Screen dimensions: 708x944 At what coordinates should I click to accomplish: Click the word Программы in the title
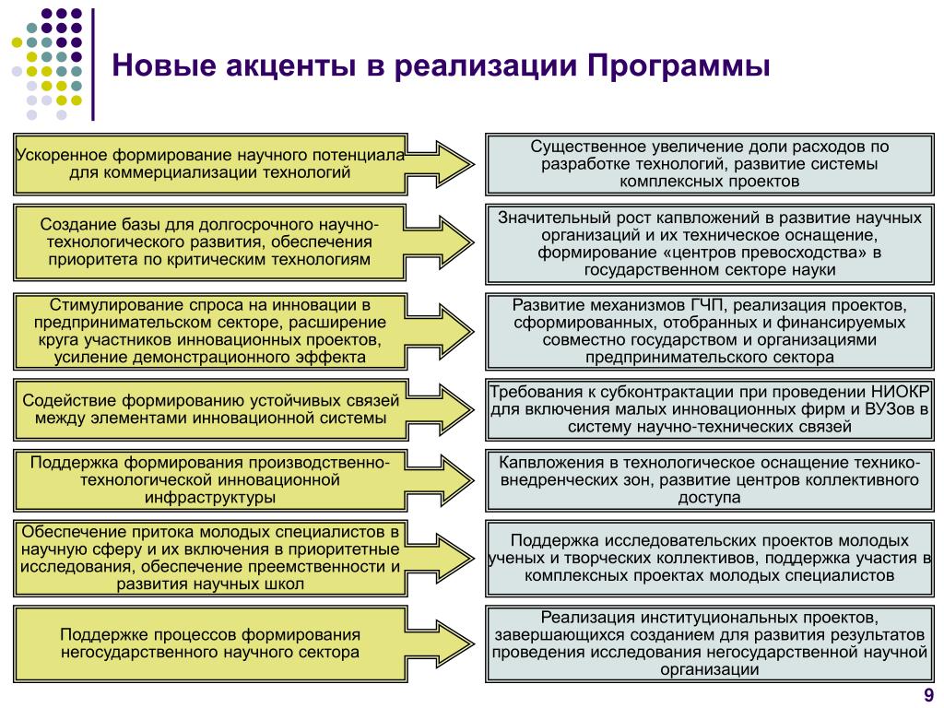(x=678, y=67)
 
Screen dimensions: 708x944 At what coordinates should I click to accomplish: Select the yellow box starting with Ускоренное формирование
(x=210, y=163)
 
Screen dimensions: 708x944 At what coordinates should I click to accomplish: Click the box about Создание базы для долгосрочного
(x=210, y=242)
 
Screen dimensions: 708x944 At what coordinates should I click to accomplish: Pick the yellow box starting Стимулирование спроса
(x=210, y=330)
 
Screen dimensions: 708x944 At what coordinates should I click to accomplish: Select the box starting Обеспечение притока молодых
(x=210, y=557)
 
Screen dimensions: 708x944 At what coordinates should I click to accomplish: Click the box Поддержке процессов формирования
(x=210, y=643)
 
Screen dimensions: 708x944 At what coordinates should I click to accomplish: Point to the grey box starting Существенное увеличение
(x=709, y=163)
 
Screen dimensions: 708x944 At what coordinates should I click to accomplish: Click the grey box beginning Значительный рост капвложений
(x=709, y=243)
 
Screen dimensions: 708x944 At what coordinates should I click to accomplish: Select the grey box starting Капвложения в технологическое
(x=709, y=479)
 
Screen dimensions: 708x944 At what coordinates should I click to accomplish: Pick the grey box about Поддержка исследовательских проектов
(x=709, y=557)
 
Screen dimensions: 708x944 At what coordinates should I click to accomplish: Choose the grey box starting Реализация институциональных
(x=709, y=643)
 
